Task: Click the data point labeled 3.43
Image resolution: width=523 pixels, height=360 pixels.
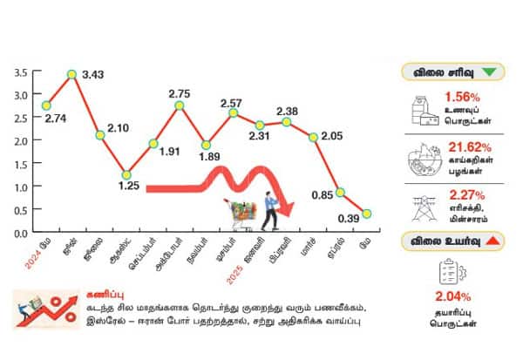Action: (72, 74)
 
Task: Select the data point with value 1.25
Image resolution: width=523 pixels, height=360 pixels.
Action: (126, 174)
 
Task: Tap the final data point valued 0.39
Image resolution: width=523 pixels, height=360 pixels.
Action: (367, 214)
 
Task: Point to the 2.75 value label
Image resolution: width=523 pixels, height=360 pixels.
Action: (180, 93)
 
